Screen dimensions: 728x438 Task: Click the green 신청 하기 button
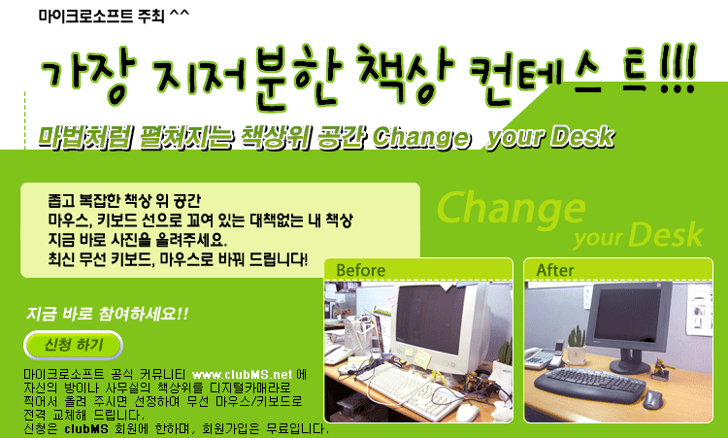(73, 345)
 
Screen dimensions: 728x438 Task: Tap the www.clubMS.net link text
(242, 374)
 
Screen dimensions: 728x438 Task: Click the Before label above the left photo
(361, 270)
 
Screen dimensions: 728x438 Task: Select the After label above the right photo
(555, 270)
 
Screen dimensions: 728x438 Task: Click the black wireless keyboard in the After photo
(589, 385)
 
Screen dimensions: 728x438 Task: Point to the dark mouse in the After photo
(652, 398)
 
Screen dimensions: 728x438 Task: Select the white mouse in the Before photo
(468, 412)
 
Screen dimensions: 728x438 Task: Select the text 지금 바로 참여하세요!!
(107, 314)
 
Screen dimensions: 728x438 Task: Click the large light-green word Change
(511, 209)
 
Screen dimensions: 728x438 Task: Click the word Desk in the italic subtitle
(582, 137)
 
